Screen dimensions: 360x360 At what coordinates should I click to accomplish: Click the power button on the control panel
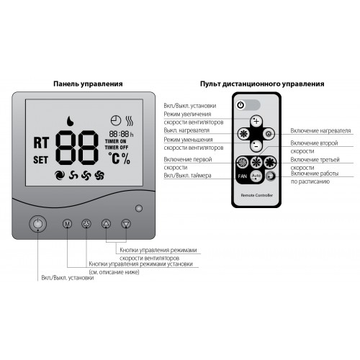point(37,224)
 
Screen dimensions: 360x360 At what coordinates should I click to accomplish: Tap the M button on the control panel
point(67,224)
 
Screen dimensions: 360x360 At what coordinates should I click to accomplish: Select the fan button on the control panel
point(86,224)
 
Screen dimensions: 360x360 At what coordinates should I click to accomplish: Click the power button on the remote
point(240,105)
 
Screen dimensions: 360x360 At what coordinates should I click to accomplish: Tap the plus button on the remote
point(256,121)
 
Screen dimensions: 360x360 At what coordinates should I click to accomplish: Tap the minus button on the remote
point(256,145)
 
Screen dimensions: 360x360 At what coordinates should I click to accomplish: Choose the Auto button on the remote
point(256,176)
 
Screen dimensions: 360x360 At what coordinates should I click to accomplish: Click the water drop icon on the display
point(70,121)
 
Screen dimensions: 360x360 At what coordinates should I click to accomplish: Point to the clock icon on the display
point(116,120)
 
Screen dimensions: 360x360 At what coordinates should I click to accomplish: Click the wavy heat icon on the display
point(130,121)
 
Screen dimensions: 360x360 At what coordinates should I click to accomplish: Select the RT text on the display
point(41,143)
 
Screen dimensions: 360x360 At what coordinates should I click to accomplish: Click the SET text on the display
point(40,160)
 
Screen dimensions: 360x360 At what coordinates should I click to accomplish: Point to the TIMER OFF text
point(117,148)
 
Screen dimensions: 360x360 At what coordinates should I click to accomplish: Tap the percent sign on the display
point(126,158)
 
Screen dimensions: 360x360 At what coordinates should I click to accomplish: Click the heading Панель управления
point(88,84)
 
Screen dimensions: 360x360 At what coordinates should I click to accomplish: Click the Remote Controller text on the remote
point(257,195)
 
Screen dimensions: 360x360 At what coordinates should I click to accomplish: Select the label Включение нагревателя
point(320,131)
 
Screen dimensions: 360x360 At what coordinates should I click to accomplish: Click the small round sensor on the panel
point(139,208)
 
